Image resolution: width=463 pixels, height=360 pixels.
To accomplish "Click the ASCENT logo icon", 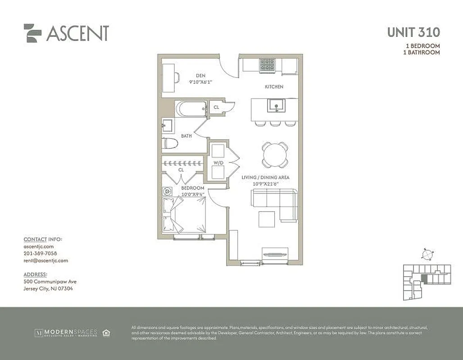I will [32, 33].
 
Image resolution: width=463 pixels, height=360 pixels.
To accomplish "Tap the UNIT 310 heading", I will [413, 32].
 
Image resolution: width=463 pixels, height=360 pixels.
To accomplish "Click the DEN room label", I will [201, 76].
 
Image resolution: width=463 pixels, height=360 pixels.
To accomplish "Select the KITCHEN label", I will [274, 86].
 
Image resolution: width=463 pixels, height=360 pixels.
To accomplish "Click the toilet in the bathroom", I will [170, 144].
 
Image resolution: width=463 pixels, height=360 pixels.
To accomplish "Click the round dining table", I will [275, 155].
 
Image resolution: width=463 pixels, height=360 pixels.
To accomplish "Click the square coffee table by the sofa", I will [267, 219].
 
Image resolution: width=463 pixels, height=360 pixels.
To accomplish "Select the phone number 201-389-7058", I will [41, 253].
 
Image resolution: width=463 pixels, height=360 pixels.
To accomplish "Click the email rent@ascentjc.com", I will [45, 261].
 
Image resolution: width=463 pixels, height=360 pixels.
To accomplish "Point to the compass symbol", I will [426, 254].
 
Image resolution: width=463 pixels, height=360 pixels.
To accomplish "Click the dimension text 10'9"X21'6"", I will [260, 184].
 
